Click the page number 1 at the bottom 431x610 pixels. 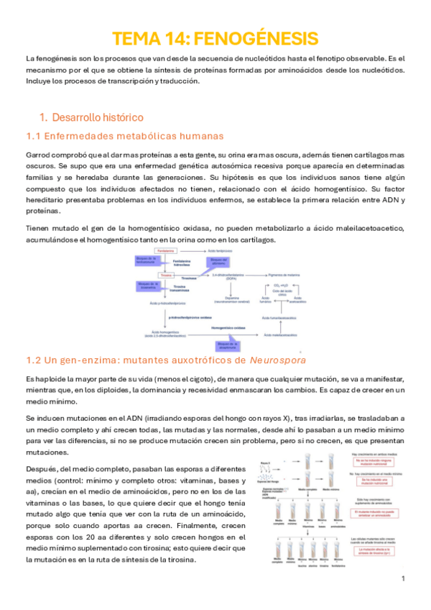point(404,579)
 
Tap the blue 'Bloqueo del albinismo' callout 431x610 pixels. point(218,261)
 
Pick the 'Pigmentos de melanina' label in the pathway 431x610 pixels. point(283,276)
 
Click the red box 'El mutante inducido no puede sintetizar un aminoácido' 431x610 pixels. point(371,515)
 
